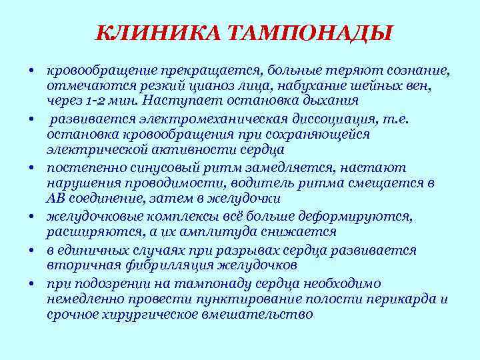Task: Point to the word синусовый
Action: pyautogui.click(x=155, y=168)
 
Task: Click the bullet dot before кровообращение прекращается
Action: pyautogui.click(x=31, y=70)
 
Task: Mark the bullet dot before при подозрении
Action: pyautogui.click(x=31, y=282)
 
